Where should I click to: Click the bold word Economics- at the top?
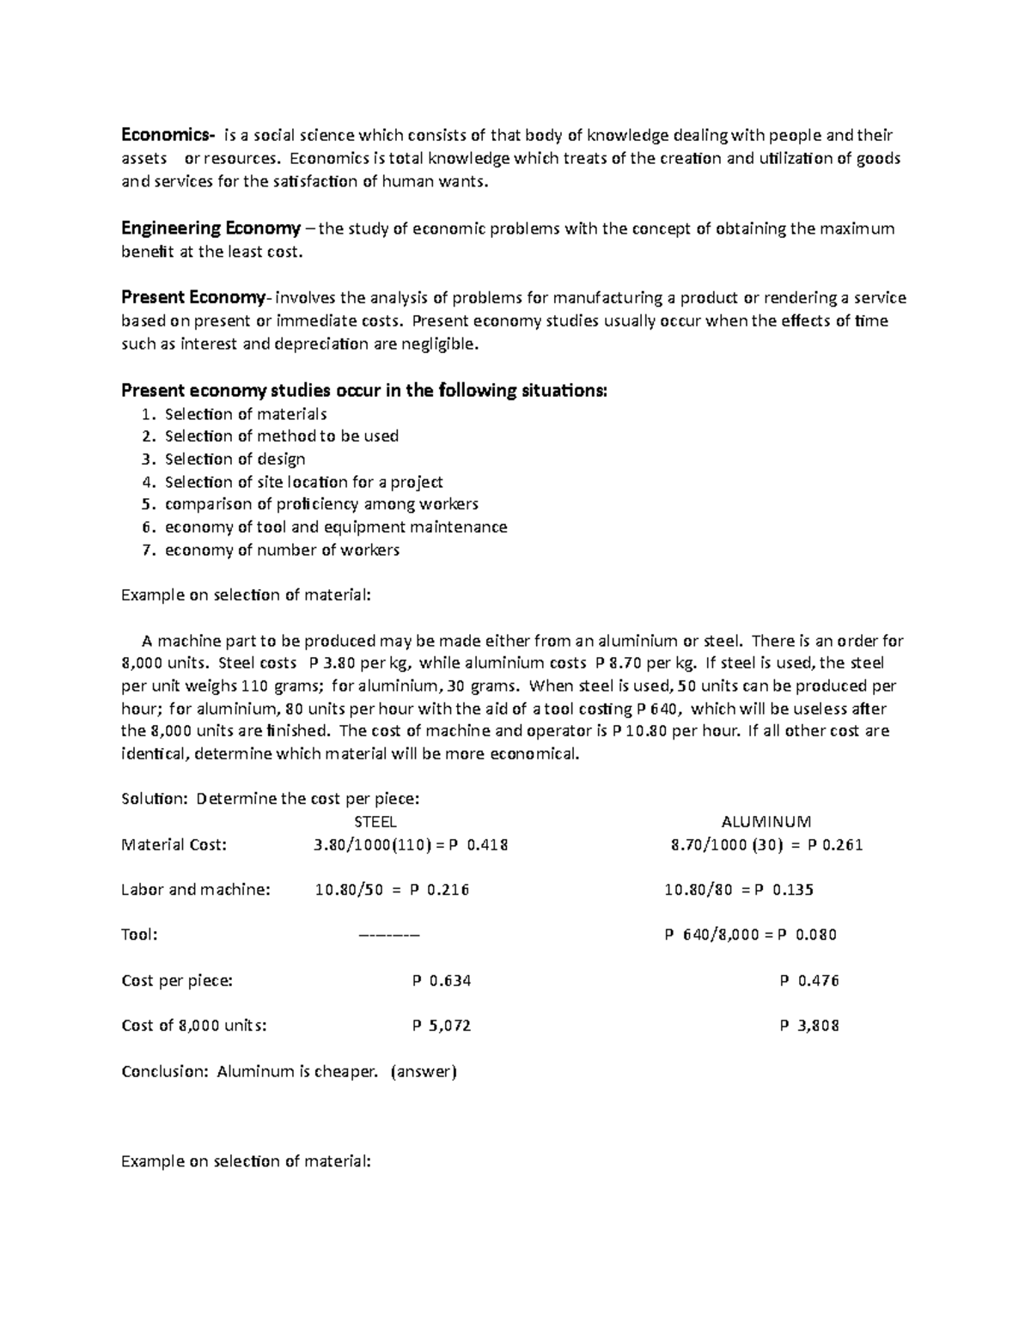168,135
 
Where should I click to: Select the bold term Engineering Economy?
210,228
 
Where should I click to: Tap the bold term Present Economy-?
196,298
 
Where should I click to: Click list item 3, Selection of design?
235,459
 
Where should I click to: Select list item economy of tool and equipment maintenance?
336,527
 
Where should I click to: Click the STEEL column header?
375,822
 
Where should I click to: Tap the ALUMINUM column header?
766,822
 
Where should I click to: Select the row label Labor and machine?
196,890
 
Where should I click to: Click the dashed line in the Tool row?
388,935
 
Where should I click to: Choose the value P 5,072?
442,1026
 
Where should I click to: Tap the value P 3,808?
809,1026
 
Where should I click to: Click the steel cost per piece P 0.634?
442,980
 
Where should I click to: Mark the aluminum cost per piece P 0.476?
809,980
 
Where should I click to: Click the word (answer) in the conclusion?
424,1071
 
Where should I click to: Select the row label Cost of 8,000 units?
194,1026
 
